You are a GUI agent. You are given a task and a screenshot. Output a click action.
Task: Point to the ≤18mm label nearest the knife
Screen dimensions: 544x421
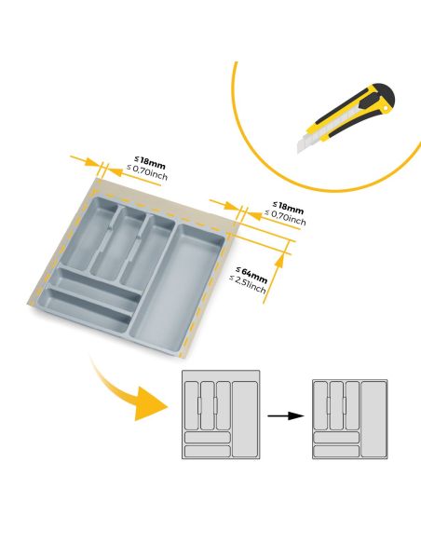tap(287, 205)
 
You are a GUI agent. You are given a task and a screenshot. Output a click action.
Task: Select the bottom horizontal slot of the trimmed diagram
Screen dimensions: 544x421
tap(335, 451)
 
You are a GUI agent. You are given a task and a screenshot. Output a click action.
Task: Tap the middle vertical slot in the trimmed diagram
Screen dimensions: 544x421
tap(335, 402)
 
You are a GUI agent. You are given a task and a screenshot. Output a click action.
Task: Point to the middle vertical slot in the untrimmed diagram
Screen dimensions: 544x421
tap(207, 402)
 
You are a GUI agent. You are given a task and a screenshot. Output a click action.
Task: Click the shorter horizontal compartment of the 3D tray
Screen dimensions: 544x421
tap(93, 283)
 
